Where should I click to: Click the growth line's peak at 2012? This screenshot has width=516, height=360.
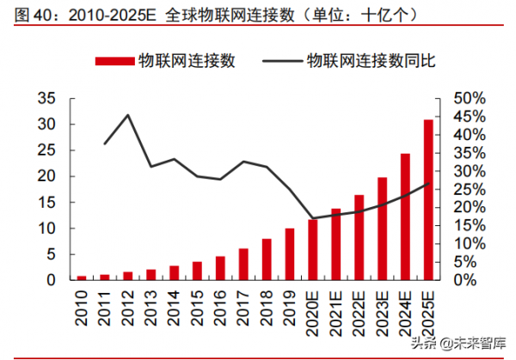(128, 115)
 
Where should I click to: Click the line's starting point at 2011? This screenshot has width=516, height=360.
(105, 143)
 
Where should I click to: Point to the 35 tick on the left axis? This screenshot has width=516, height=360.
(47, 98)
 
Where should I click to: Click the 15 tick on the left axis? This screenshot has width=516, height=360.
(47, 202)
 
